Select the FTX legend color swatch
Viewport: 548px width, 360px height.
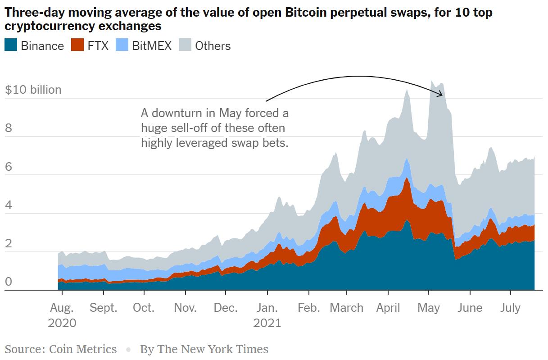[x=77, y=46]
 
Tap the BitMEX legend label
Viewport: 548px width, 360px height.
[x=152, y=46]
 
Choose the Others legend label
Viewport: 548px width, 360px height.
[x=213, y=46]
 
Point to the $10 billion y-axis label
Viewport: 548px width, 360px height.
[x=33, y=90]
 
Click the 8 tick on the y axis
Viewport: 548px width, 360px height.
[x=9, y=128]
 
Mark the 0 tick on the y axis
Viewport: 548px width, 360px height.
[x=9, y=283]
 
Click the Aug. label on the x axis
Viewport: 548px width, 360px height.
[x=62, y=308]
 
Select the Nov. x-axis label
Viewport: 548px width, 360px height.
[x=186, y=308]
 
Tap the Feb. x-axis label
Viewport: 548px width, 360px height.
[x=309, y=308]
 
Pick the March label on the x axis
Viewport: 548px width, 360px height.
[x=346, y=308]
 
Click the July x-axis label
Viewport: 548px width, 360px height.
[x=511, y=308]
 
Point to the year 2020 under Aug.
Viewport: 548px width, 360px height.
[x=62, y=323]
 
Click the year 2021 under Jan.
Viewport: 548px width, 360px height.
[x=267, y=323]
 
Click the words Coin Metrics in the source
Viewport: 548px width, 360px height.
[x=82, y=349]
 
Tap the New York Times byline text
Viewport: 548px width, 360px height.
[x=204, y=349]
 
